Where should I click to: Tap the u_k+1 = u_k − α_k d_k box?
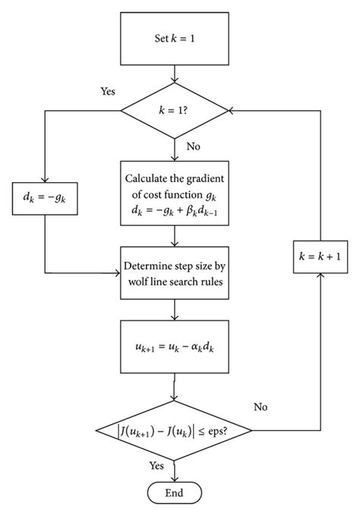(x=177, y=345)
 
